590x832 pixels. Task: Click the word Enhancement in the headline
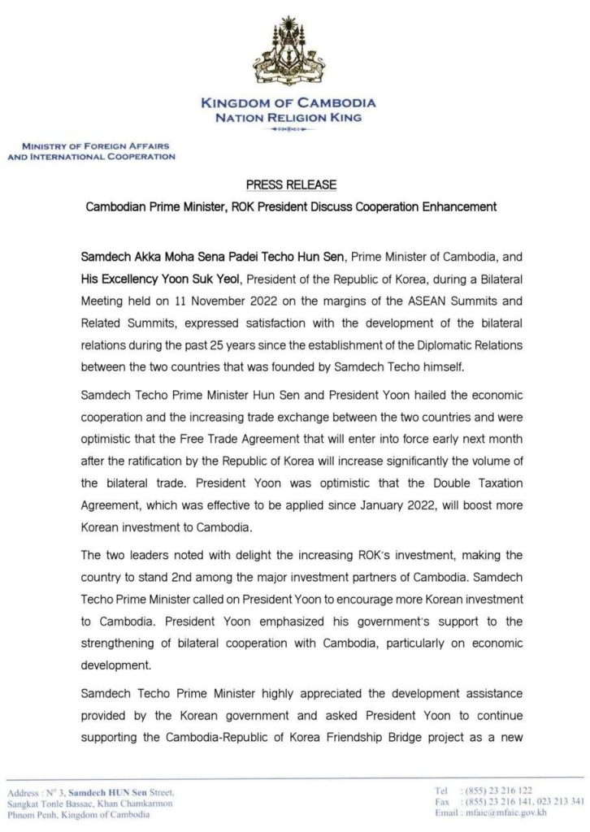(x=457, y=206)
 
